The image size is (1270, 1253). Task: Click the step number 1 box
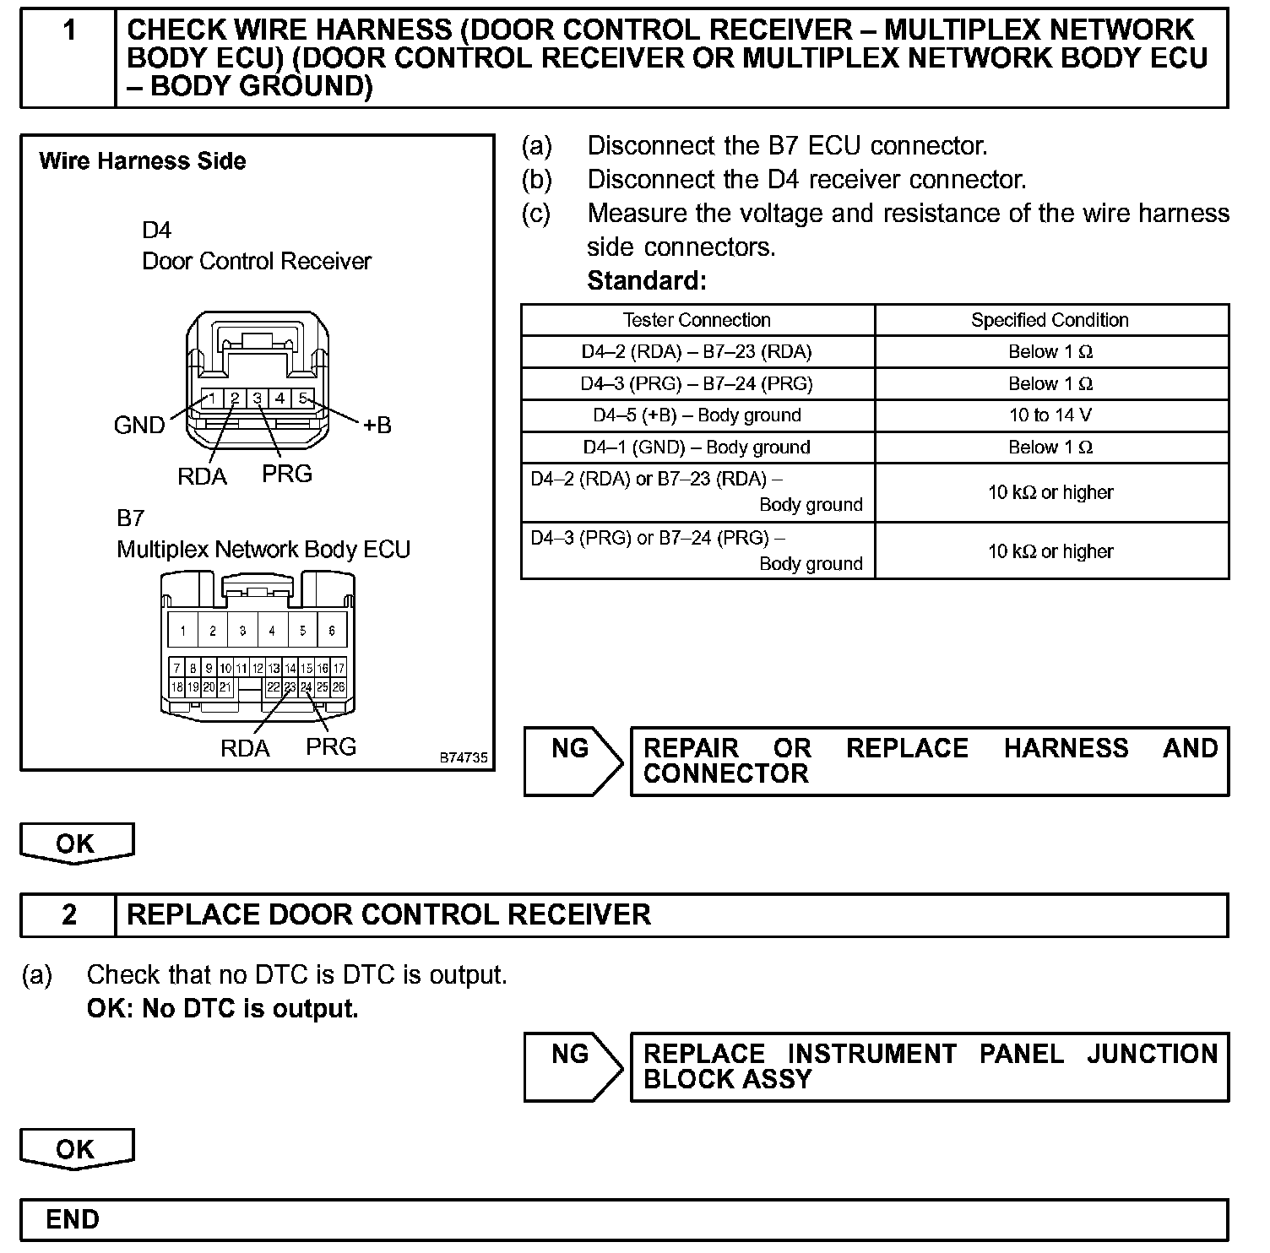pos(68,57)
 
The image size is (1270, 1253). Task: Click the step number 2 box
pos(68,915)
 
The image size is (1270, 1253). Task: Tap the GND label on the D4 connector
pos(139,425)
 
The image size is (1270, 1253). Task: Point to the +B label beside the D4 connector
pos(377,426)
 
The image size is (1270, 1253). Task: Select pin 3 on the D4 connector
pos(258,398)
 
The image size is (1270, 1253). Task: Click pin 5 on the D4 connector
pos(303,398)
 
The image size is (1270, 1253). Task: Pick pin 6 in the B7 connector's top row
pos(332,630)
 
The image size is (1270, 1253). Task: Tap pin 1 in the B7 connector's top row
pos(182,630)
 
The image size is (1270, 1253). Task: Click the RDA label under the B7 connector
pos(245,748)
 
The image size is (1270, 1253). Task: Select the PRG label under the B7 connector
pos(331,746)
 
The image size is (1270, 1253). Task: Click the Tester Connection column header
pos(697,320)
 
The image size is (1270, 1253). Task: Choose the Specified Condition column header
pos(1050,320)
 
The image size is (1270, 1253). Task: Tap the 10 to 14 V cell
pos(1050,415)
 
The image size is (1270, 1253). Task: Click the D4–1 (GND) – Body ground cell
pos(697,447)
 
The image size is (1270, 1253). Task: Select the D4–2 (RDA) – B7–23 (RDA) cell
pos(697,352)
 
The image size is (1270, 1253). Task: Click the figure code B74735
pos(463,758)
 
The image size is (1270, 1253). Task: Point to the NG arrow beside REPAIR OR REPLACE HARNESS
pos(573,761)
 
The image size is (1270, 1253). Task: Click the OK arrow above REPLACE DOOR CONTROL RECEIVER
pos(76,843)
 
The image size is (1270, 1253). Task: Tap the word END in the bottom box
pos(73,1219)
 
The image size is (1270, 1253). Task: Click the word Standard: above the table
pos(646,280)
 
